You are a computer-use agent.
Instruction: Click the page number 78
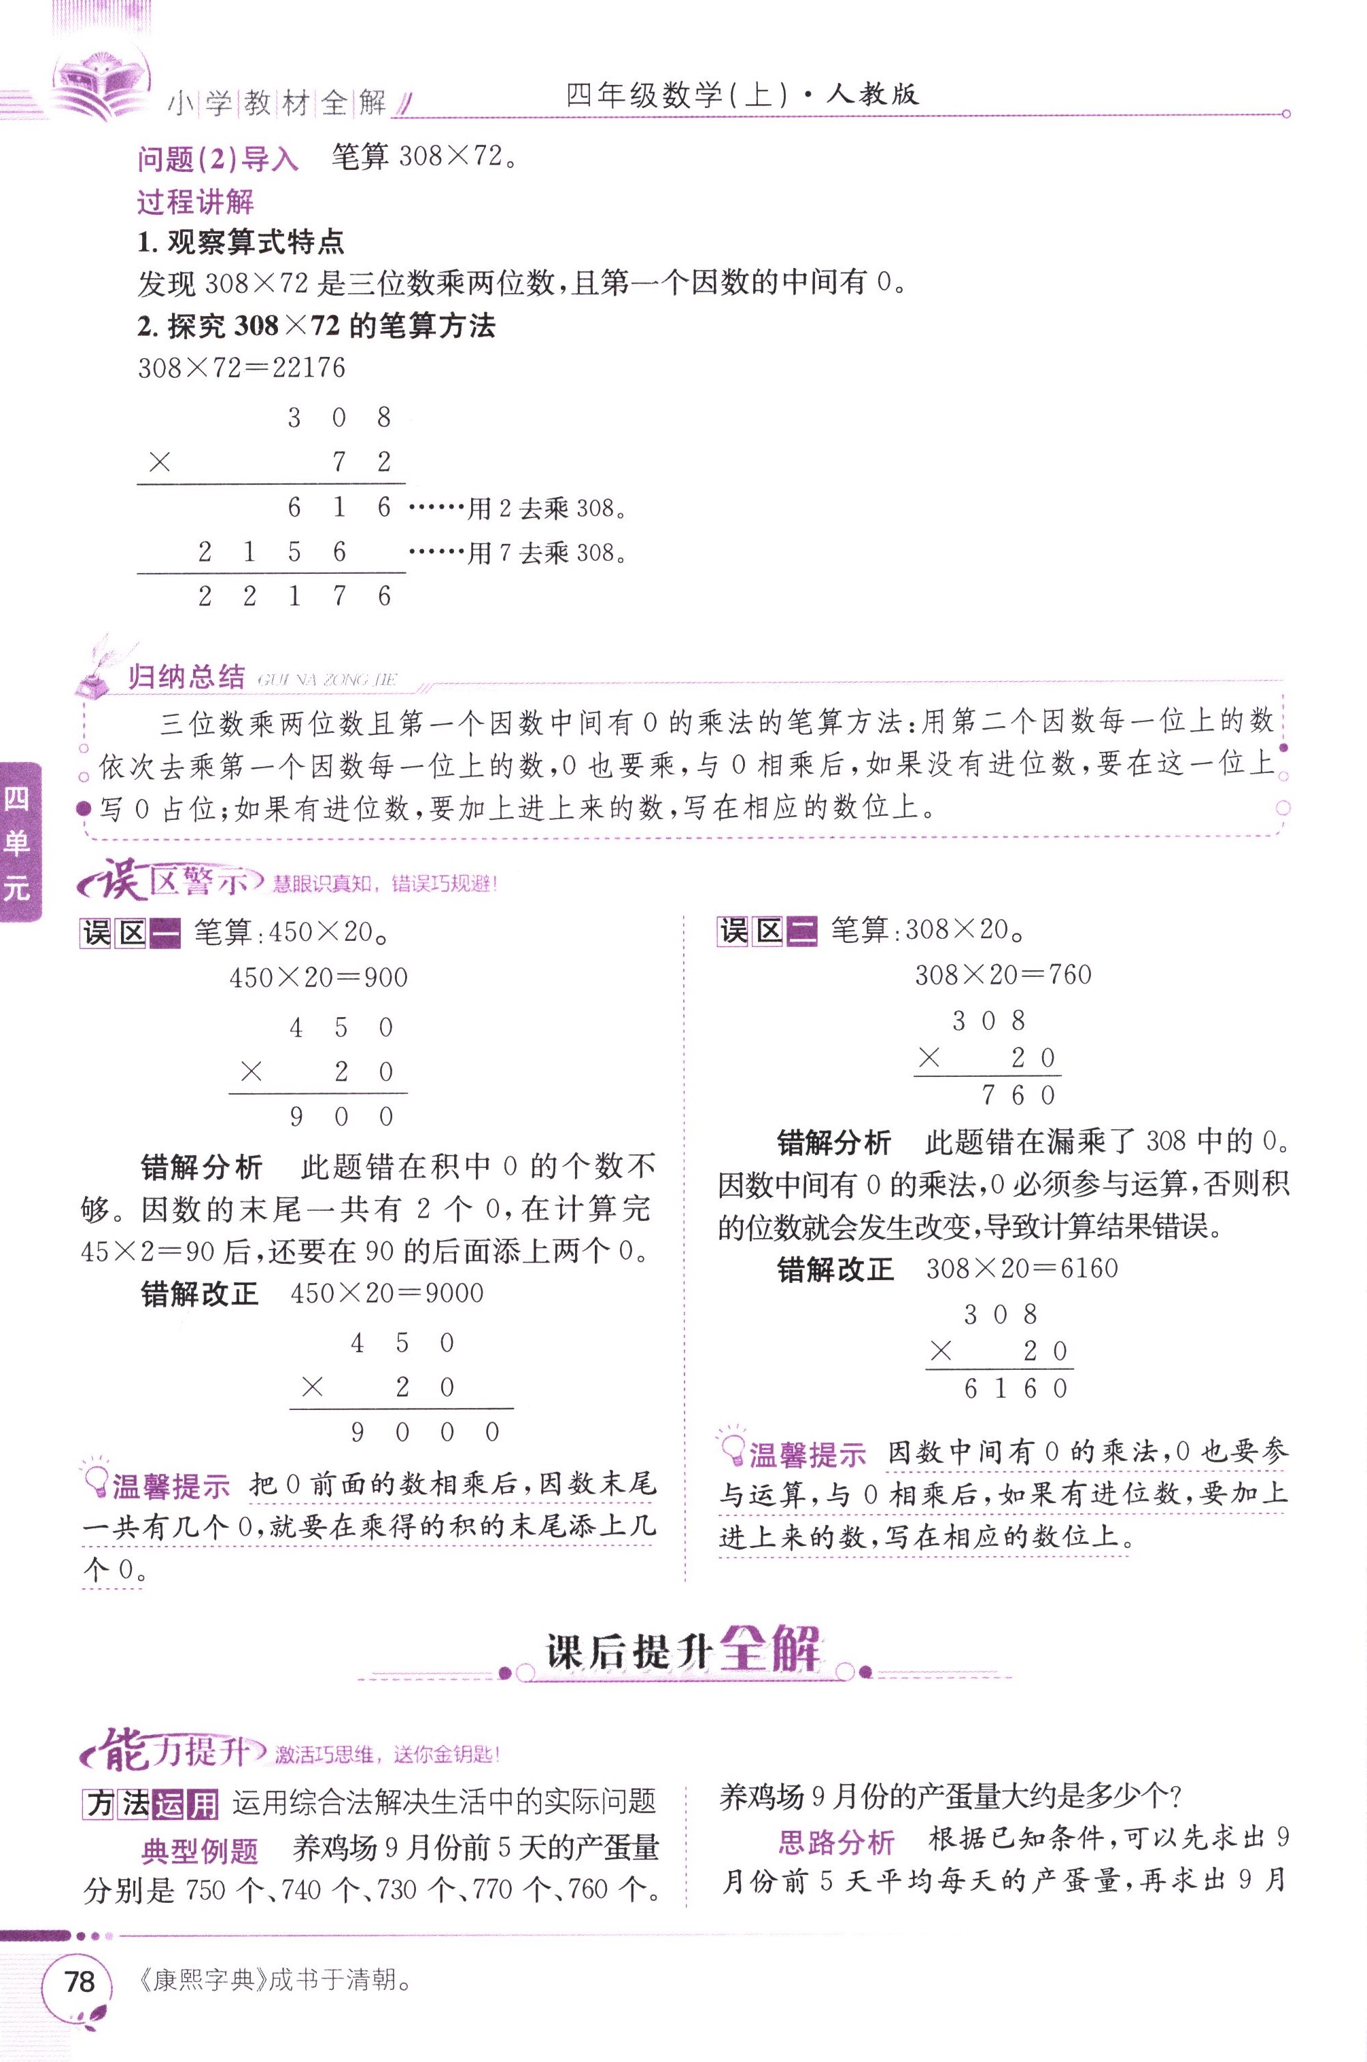pos(78,1982)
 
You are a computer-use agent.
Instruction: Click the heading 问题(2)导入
pos(218,158)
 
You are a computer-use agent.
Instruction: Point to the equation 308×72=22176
pos(241,368)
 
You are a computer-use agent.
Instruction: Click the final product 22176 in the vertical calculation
pos(294,596)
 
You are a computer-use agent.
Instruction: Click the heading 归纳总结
pos(186,676)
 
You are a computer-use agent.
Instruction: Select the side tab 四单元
pos(18,842)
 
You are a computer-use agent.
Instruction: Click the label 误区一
pos(130,933)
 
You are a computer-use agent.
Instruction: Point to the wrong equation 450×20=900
pos(318,978)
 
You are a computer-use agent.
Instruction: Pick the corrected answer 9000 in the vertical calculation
pos(425,1432)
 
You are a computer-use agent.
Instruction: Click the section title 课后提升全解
pos(685,1651)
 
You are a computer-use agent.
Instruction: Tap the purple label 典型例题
pos(200,1850)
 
